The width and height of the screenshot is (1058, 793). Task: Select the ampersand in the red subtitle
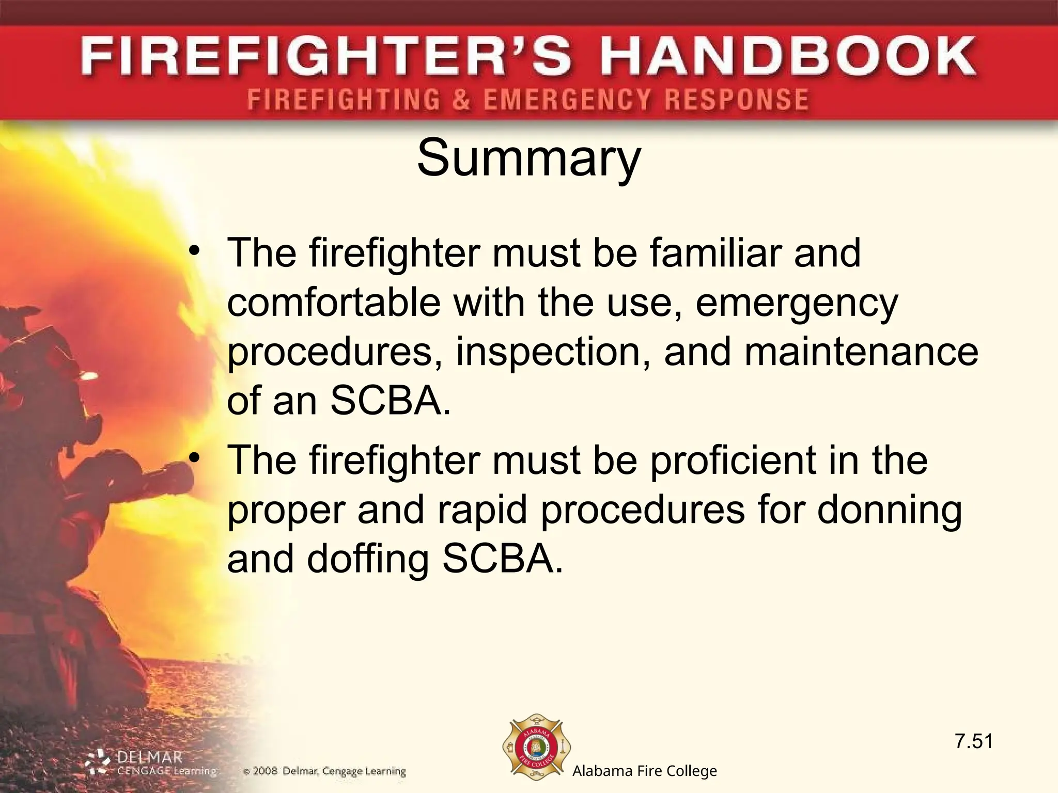[461, 99]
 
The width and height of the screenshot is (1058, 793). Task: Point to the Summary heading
[528, 157]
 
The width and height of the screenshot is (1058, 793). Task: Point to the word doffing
[368, 561]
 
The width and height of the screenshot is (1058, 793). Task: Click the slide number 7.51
[974, 741]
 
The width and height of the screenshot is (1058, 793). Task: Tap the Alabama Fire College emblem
[536, 749]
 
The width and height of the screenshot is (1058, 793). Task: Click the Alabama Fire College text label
[644, 771]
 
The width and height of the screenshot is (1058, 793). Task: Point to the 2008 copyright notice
[324, 772]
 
